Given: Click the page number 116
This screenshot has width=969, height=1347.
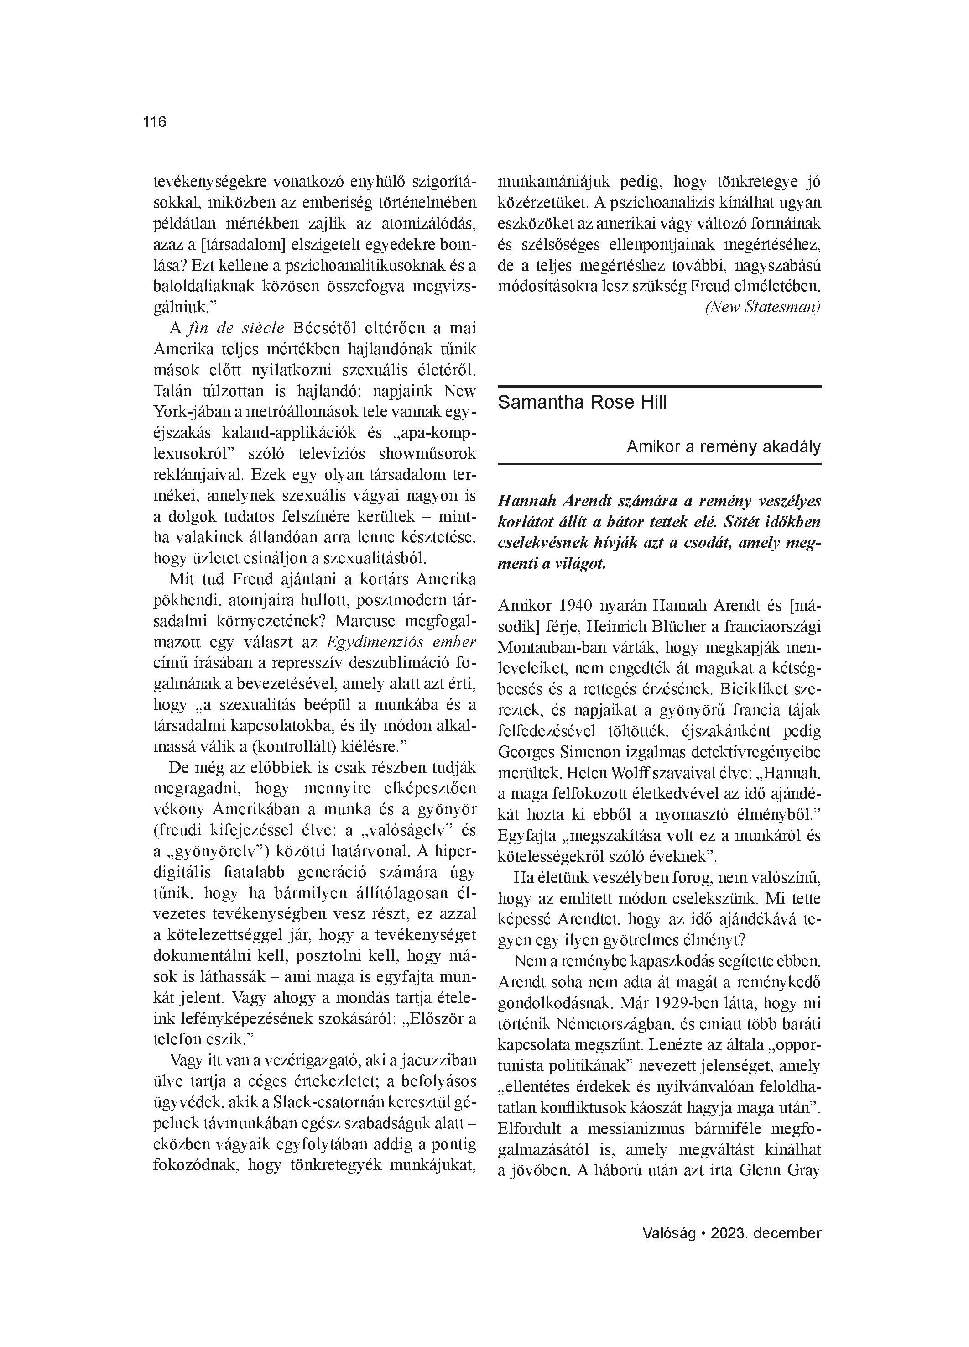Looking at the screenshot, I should coord(154,122).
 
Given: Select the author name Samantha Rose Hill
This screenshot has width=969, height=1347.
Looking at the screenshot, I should coord(582,403).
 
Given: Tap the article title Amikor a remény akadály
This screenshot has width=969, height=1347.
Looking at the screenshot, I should coord(723,446).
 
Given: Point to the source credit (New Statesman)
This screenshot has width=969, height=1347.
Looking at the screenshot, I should coord(762,307).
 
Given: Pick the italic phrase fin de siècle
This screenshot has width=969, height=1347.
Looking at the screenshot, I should coord(236,329).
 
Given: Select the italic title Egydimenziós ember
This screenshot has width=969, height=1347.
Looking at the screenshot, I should coord(401,642).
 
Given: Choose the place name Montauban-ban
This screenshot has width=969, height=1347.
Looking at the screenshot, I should coord(549,647).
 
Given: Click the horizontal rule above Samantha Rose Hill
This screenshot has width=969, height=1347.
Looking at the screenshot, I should coord(659,387).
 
